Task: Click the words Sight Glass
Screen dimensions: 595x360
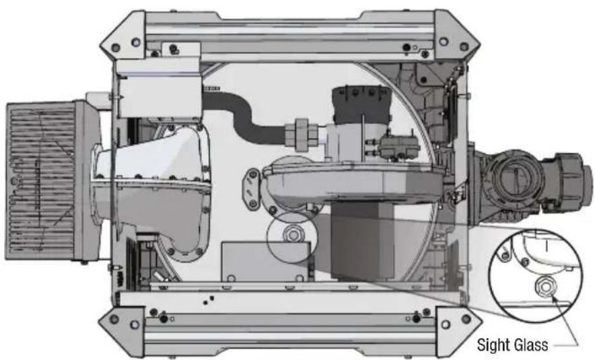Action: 512,345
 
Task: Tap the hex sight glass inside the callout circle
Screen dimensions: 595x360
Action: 545,287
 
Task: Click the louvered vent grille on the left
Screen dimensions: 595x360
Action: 42,180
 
